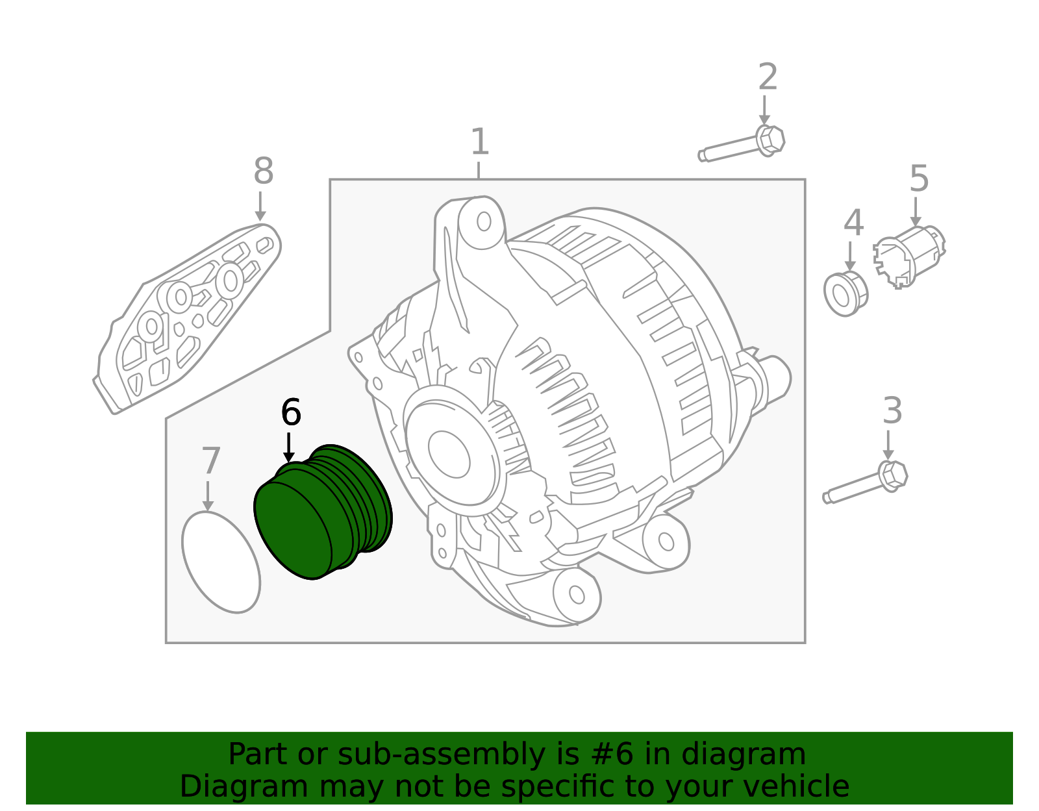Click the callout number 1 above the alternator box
click(x=479, y=142)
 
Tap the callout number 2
click(x=768, y=77)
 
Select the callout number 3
click(x=892, y=411)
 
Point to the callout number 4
click(x=853, y=223)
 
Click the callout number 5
click(x=919, y=179)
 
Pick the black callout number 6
click(x=291, y=412)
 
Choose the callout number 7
click(x=211, y=462)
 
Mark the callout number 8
click(x=263, y=172)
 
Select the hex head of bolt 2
click(x=770, y=140)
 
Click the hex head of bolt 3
click(x=893, y=475)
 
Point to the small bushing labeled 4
click(x=844, y=294)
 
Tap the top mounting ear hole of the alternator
click(x=484, y=221)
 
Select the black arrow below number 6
click(x=289, y=448)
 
